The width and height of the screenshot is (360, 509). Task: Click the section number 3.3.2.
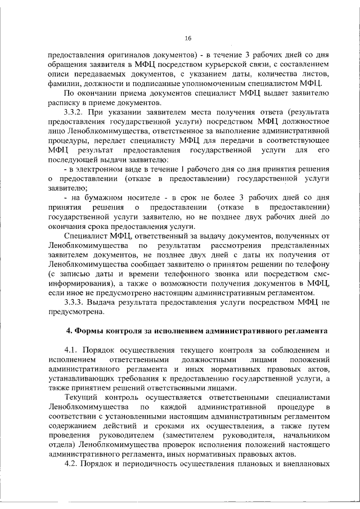75,113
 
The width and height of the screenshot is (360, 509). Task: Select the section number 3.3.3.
75,303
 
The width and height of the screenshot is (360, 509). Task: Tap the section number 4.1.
72,350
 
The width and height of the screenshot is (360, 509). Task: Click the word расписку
65,103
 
